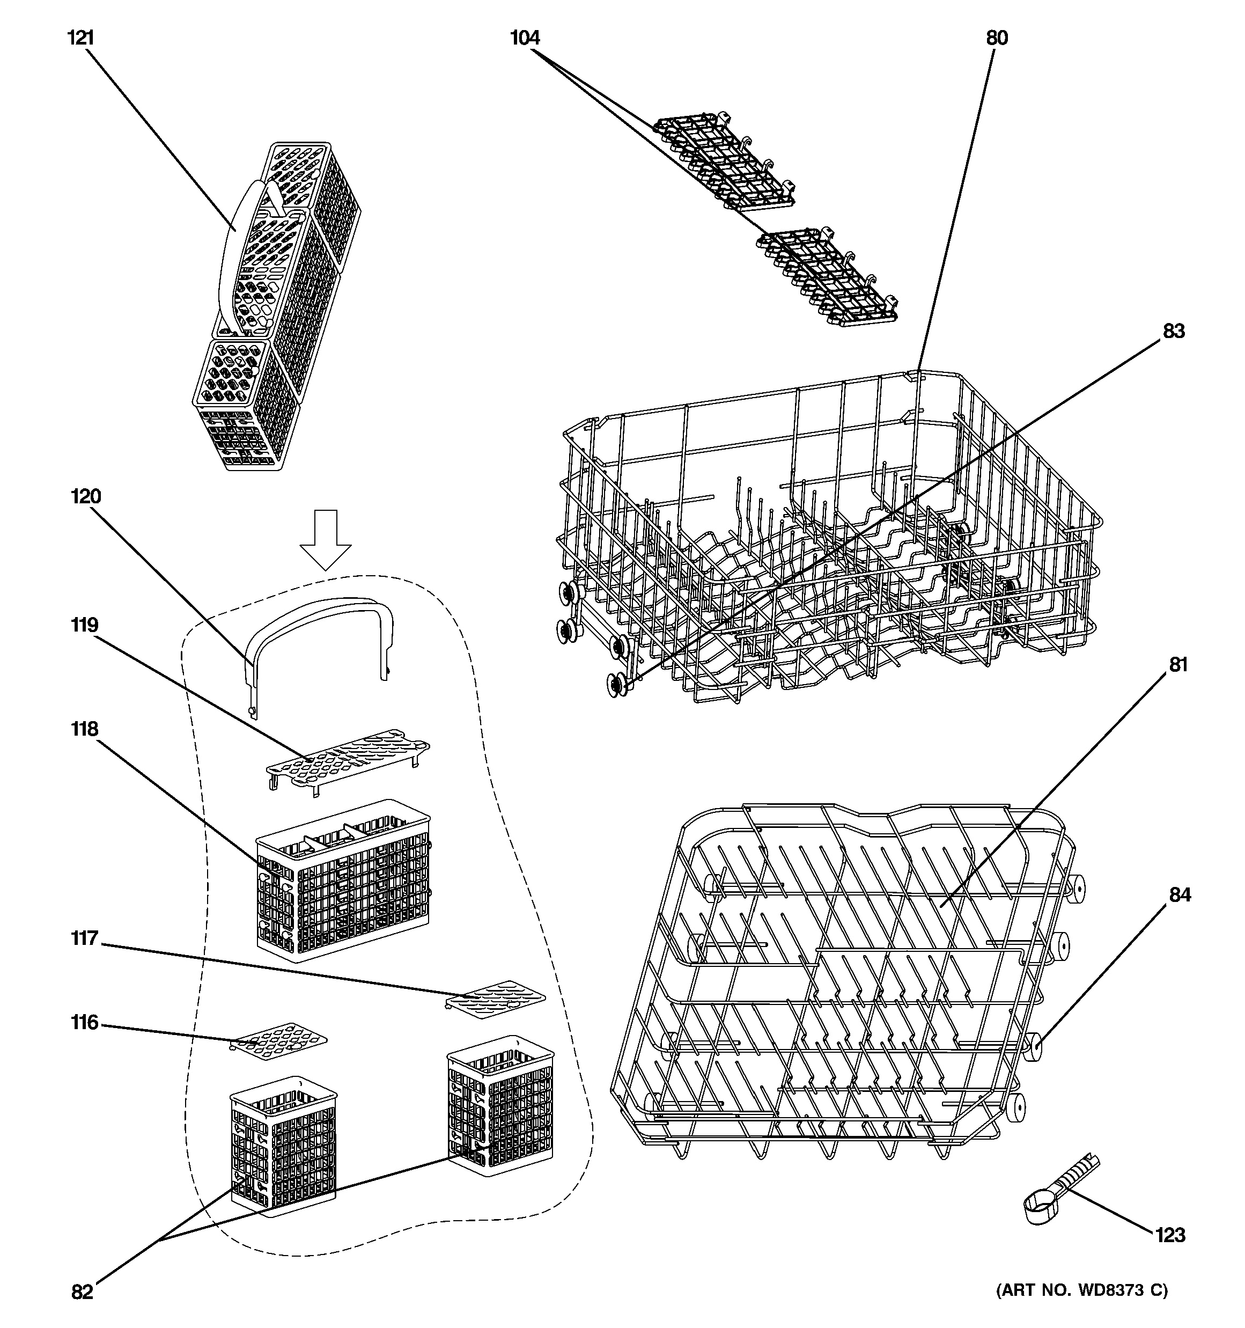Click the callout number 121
pyautogui.click(x=80, y=38)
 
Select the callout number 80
pyautogui.click(x=997, y=38)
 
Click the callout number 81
pyautogui.click(x=1178, y=665)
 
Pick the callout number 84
pyautogui.click(x=1180, y=894)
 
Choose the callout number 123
pyautogui.click(x=1170, y=1235)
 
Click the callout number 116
pyautogui.click(x=84, y=1022)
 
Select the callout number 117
pyautogui.click(x=84, y=938)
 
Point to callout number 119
pyautogui.click(x=84, y=625)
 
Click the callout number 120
pyautogui.click(x=85, y=496)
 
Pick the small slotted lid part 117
pyautogui.click(x=495, y=999)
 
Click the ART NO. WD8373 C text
pyautogui.click(x=1082, y=1290)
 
